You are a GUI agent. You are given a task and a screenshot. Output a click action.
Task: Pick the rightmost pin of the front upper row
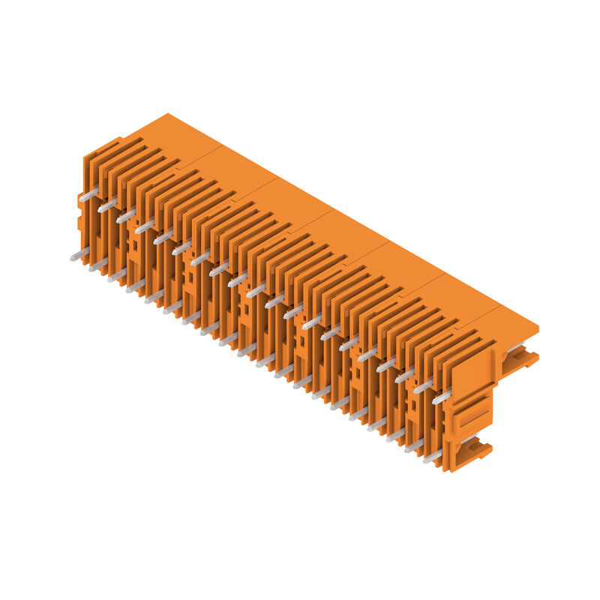pos(442,397)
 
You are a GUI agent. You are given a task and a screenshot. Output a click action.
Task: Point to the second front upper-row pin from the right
pos(423,386)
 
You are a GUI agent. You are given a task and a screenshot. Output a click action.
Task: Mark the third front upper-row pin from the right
pos(404,375)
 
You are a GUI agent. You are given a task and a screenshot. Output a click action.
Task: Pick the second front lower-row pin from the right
pos(414,445)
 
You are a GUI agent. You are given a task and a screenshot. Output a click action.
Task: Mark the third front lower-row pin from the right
pos(395,435)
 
